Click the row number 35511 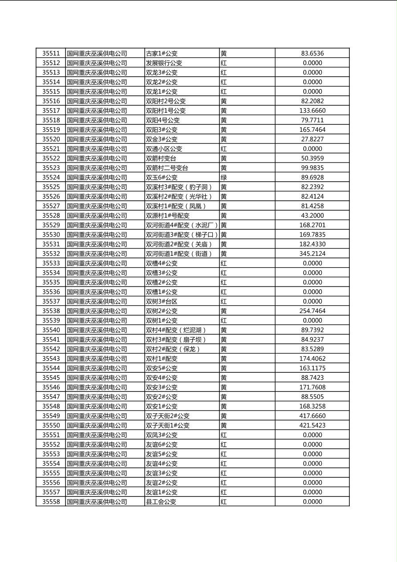click(x=51, y=53)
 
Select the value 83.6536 click(x=312, y=53)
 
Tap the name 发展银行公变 click(x=164, y=63)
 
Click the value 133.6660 click(x=312, y=110)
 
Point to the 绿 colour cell click(x=223, y=177)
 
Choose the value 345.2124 click(x=312, y=254)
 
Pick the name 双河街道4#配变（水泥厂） click(x=182, y=225)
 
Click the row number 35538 click(x=51, y=311)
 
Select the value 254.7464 click(x=312, y=311)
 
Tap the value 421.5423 click(x=312, y=425)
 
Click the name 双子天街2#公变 click(x=167, y=416)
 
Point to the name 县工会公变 click(x=161, y=502)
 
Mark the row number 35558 click(x=51, y=502)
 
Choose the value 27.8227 click(x=312, y=139)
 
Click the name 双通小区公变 click(x=164, y=149)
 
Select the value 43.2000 click(x=312, y=216)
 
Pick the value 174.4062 click(x=312, y=358)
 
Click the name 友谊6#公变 click(x=161, y=444)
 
